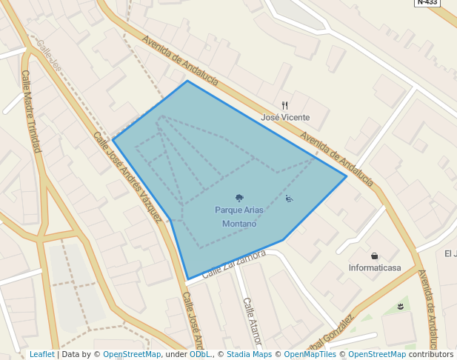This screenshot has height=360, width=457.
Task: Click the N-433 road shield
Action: (427, 2)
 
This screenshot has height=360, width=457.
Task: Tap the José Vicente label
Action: (285, 117)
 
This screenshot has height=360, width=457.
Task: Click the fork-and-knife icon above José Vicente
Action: (284, 105)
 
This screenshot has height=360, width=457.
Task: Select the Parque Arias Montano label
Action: (239, 216)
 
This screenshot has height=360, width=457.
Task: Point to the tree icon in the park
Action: (239, 198)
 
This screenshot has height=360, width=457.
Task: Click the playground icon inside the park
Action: (289, 198)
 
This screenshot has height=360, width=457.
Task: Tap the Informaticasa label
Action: (374, 267)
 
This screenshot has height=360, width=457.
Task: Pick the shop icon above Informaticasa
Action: (374, 256)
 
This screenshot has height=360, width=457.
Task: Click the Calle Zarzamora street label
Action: (233, 264)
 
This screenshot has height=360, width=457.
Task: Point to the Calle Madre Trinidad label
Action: (31, 111)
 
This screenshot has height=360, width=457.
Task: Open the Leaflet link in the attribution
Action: (41, 354)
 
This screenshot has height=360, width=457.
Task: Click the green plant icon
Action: (400, 307)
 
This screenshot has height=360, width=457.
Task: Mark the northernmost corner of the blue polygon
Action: (187, 81)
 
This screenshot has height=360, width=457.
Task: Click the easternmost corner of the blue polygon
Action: (346, 176)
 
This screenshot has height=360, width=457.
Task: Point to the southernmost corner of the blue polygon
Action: (188, 279)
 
